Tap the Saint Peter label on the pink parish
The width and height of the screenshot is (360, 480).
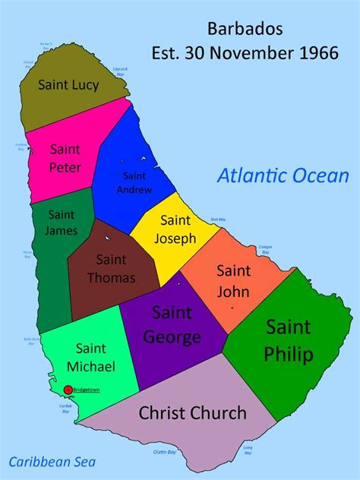65,156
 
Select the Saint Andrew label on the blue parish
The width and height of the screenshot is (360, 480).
134,183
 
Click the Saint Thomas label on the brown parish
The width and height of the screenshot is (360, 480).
111,269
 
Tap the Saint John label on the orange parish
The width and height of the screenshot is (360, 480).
233,280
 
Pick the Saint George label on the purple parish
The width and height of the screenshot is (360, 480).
176,324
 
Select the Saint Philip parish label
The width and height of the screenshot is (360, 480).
289,340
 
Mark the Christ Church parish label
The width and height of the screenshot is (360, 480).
193,413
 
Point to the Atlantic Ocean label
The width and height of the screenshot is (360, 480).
283,176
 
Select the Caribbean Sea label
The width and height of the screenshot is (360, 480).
52,461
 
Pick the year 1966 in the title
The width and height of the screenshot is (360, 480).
319,53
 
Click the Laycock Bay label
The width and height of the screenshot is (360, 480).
119,71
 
